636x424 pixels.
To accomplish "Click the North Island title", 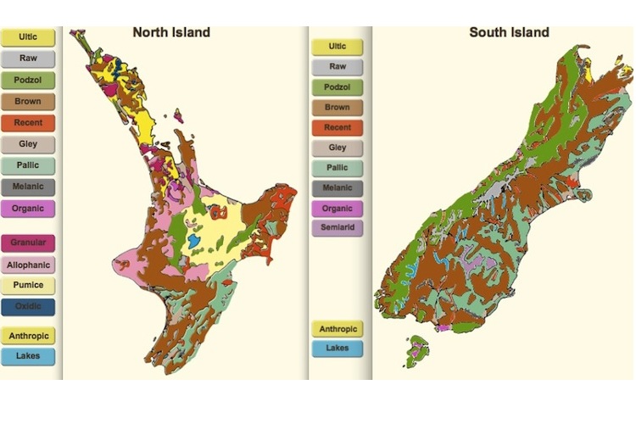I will pos(170,33).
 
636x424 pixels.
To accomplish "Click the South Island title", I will pos(509,33).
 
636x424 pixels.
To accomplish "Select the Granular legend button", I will pos(28,243).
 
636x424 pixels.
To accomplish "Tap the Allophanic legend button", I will pos(28,265).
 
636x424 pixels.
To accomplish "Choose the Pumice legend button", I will pos(28,286).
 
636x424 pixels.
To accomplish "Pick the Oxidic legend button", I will pos(28,307).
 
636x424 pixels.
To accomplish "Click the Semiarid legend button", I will pos(337,228).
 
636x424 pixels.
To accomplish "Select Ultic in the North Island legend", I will pos(28,38).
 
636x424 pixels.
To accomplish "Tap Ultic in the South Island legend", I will pos(337,46).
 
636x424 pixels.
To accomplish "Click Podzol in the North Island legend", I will pos(28,81).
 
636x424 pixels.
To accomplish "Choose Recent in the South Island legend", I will pos(337,128).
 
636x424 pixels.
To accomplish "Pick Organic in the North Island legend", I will pos(28,208).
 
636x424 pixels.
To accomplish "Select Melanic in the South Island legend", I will pos(337,188).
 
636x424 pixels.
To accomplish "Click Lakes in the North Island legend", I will pos(28,356).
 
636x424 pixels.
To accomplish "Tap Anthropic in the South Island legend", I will pos(337,328).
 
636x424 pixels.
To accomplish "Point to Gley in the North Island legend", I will pos(28,144).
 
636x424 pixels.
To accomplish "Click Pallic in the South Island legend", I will pos(337,168).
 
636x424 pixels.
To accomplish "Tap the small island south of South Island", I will pos(417,349).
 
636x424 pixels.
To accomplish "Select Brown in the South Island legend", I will pos(337,108).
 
